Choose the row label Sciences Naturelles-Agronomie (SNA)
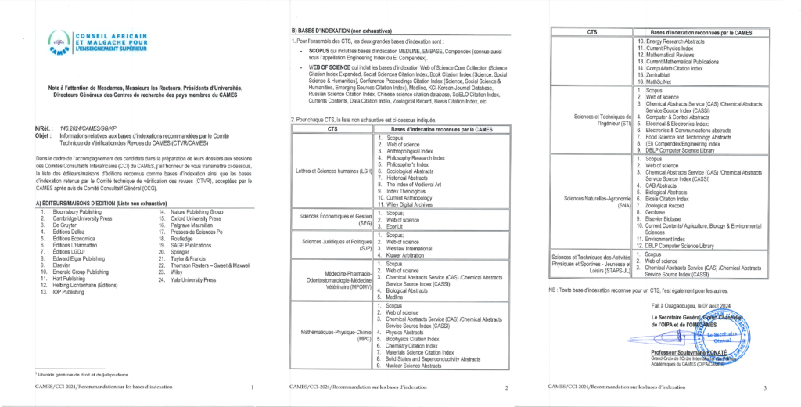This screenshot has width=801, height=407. [x=591, y=201]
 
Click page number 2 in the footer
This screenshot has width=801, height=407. [x=506, y=387]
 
